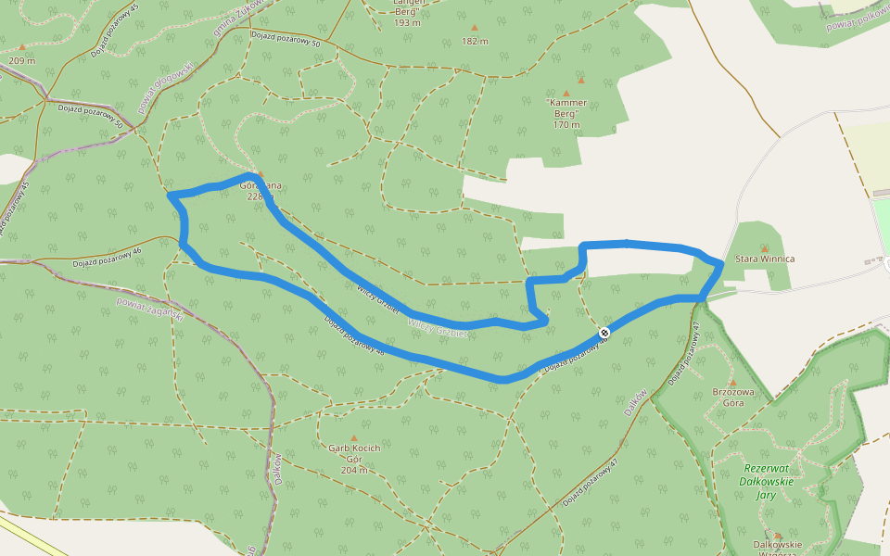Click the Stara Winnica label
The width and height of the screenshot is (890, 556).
pyautogui.click(x=765, y=259)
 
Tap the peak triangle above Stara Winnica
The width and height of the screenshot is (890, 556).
pyautogui.click(x=765, y=248)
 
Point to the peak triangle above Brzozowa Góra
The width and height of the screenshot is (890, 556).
pyautogui.click(x=732, y=381)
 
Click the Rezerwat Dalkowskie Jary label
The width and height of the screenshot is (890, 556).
pyautogui.click(x=766, y=481)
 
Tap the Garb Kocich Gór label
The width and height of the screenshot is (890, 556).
pyautogui.click(x=354, y=453)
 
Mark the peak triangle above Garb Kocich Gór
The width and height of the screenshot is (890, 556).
pyautogui.click(x=353, y=438)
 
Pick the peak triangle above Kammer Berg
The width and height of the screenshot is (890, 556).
pyautogui.click(x=566, y=93)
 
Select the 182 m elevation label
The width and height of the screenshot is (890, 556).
pyautogui.click(x=475, y=41)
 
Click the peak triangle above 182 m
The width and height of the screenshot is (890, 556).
pyautogui.click(x=475, y=28)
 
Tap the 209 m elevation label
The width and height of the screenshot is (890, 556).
pyautogui.click(x=21, y=60)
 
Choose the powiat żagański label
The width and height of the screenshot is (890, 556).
pyautogui.click(x=149, y=307)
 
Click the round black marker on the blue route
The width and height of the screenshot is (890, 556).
pyautogui.click(x=604, y=332)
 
